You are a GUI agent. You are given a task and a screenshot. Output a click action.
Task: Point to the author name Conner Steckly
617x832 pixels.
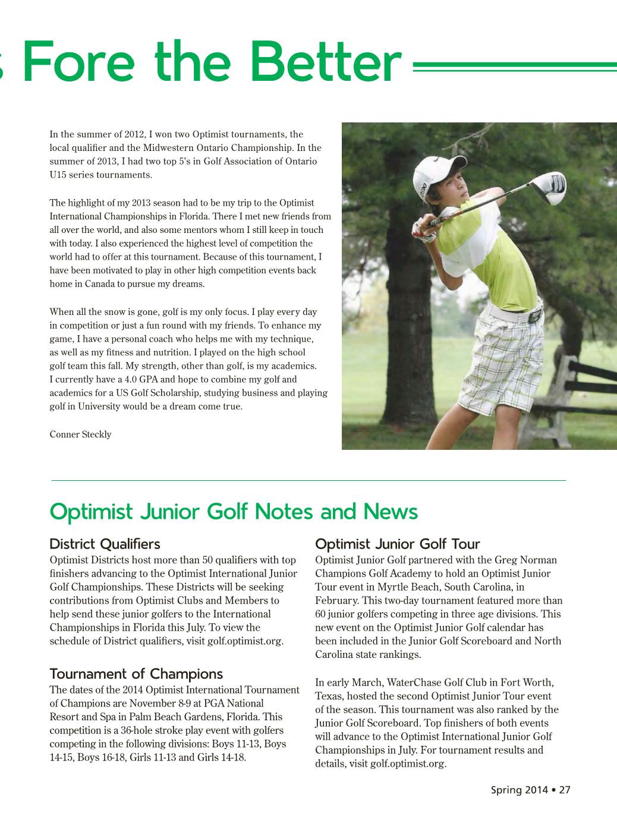pyautogui.click(x=80, y=434)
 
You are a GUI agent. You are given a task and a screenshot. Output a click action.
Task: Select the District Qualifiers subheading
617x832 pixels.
pyautogui.click(x=105, y=544)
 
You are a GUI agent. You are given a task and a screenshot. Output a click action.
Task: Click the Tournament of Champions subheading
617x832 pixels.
pyautogui.click(x=136, y=674)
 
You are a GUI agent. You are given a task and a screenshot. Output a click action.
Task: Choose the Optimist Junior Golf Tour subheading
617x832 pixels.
pyautogui.click(x=397, y=544)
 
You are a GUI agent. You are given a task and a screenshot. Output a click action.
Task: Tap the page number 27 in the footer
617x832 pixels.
pyautogui.click(x=564, y=790)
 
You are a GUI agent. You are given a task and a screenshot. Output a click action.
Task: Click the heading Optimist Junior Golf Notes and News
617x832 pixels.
pyautogui.click(x=234, y=512)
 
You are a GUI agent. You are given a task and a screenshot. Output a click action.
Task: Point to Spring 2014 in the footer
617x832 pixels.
pyautogui.click(x=515, y=790)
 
